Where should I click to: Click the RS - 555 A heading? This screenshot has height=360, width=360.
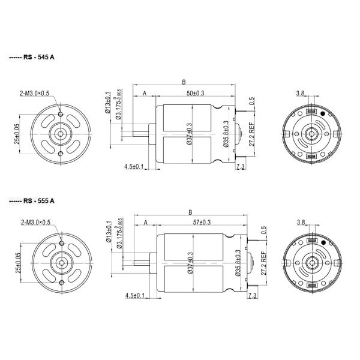coord(40,200)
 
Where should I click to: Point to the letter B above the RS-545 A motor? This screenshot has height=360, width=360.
coord(182,82)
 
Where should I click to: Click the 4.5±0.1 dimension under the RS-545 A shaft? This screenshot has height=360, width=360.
coord(134,166)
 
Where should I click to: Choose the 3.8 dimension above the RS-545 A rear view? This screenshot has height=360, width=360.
coord(301,94)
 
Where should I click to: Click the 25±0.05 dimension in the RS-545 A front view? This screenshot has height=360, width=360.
coord(17,133)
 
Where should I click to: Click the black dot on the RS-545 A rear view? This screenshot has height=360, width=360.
coord(323,113)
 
